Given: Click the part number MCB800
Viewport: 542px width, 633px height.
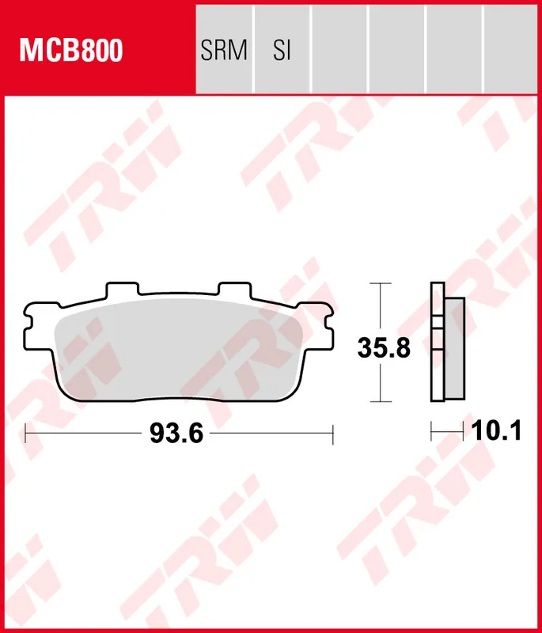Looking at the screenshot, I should click(71, 51).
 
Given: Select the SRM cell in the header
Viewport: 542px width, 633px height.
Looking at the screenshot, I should click(224, 51).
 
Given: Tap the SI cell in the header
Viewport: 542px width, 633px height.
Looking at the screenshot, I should click(282, 51).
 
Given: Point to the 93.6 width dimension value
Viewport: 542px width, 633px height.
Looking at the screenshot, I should click(172, 434).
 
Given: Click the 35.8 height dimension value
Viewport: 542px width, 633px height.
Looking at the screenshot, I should click(384, 348).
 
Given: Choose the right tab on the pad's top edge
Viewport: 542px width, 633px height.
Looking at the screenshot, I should click(233, 287).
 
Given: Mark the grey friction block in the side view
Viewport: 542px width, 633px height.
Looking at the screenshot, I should click(455, 348).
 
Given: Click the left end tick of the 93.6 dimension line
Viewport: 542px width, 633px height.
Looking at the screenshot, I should click(26, 434).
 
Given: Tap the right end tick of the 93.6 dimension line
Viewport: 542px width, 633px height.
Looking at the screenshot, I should click(333, 434).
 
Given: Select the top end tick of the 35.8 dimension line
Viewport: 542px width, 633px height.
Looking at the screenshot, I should click(381, 282).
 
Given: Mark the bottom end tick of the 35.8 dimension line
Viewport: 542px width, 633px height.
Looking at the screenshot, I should click(381, 402).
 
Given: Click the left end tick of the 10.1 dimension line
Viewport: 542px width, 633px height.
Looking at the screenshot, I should click(431, 431).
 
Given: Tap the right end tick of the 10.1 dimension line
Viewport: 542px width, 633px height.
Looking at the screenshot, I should click(463, 431).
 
